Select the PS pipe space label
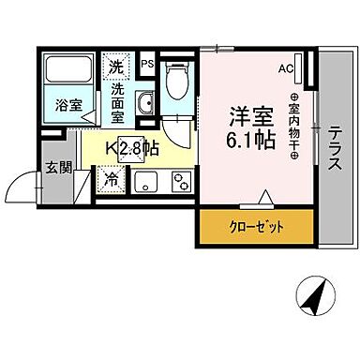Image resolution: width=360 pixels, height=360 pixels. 146,64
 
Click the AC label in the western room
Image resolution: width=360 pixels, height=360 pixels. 285,68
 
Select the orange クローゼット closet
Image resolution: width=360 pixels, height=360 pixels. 256,225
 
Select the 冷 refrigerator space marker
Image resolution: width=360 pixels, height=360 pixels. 112,178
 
